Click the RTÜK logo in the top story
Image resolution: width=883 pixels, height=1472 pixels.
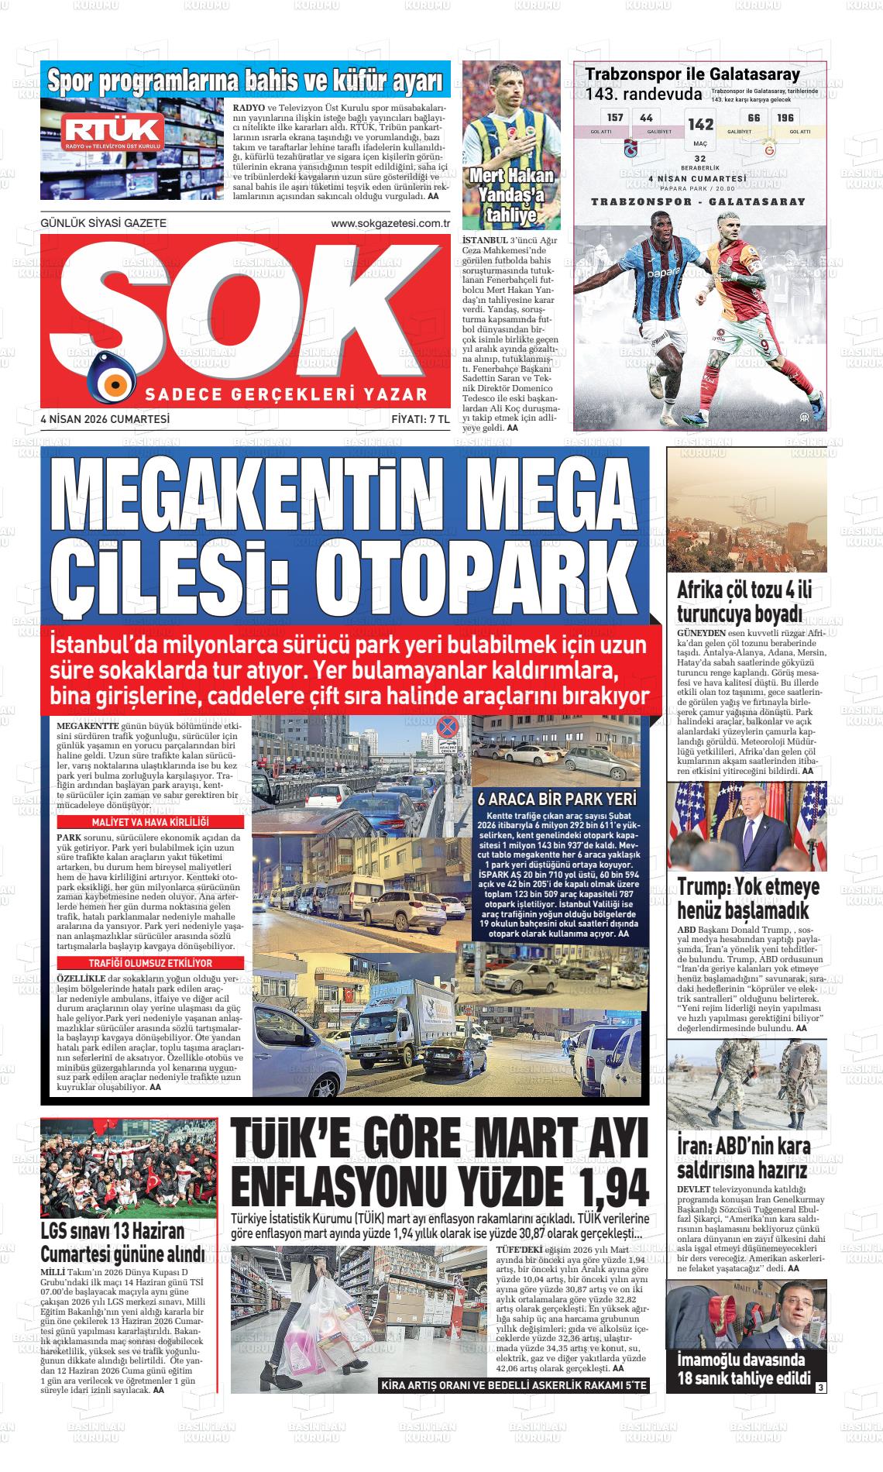pos(114,131)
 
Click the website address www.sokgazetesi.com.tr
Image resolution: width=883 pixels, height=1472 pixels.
pos(390,224)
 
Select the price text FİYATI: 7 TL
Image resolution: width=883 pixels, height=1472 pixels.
pos(420,419)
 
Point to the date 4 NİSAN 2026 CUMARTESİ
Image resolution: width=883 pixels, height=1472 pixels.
pos(105,419)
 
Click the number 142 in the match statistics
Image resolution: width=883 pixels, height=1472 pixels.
pos(700,125)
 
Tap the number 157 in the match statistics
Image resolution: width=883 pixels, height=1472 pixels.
pos(615,118)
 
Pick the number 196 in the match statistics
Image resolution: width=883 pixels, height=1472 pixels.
pos(785,118)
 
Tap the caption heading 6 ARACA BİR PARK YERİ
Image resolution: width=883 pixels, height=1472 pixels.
pos(556,800)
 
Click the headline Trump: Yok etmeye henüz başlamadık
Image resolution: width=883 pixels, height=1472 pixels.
pos(748,898)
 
